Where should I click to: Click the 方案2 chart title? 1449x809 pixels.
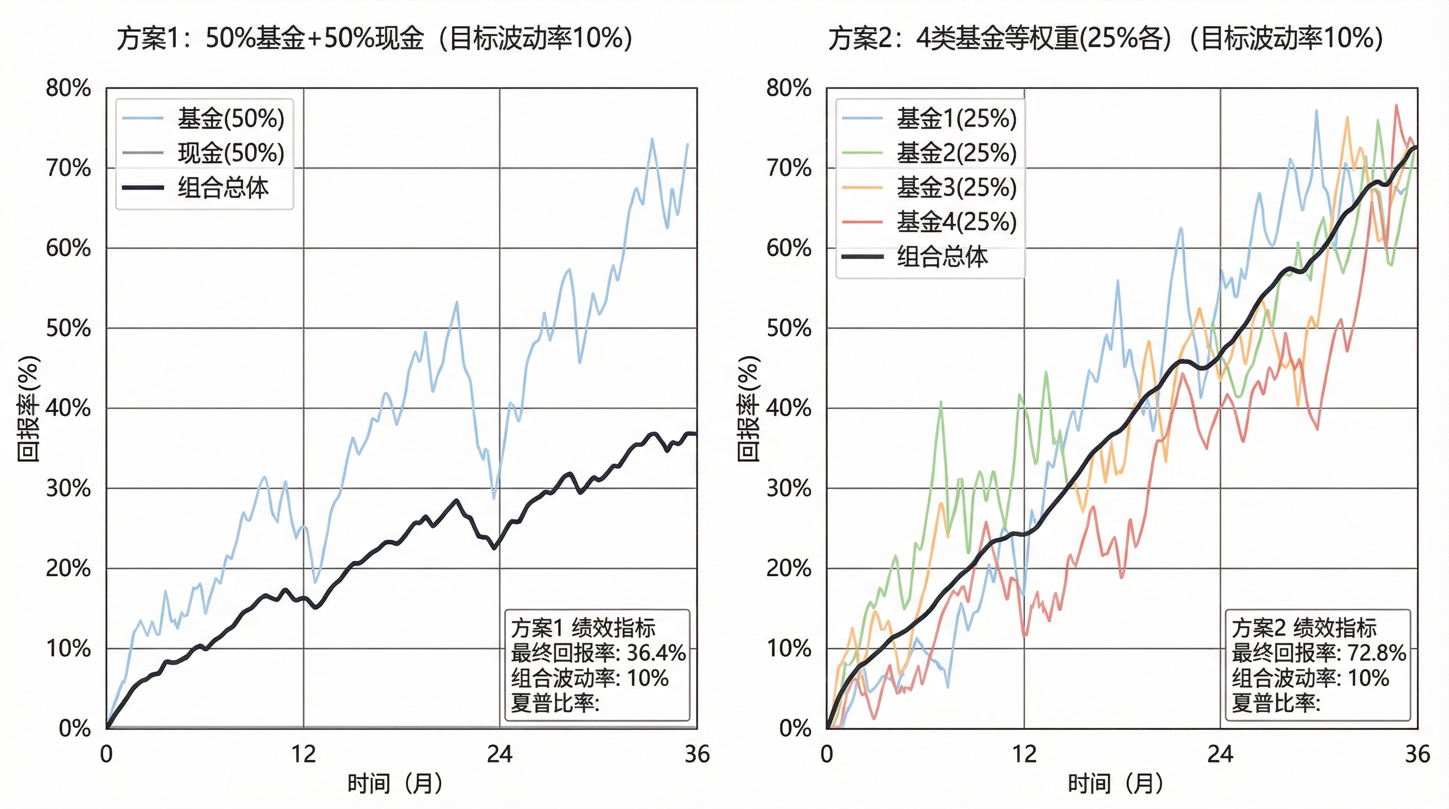(1105, 38)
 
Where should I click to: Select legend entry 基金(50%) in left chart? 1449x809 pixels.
(231, 119)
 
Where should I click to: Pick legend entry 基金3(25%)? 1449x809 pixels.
(956, 188)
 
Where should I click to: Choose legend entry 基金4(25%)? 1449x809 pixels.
(956, 222)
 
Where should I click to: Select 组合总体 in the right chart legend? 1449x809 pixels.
(942, 256)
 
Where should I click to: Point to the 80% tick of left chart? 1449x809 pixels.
(68, 88)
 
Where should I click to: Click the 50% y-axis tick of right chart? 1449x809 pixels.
(789, 328)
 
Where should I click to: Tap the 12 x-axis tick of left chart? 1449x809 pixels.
(303, 754)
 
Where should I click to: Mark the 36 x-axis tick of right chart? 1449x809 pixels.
(1417, 754)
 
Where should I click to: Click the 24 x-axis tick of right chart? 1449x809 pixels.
(1220, 754)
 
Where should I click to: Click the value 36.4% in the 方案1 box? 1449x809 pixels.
(656, 653)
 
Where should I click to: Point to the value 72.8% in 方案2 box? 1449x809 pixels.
(1376, 653)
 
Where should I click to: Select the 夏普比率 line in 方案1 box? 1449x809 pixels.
(554, 703)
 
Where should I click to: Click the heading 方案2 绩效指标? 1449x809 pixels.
(1304, 627)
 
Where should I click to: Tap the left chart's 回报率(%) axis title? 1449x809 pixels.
(28, 408)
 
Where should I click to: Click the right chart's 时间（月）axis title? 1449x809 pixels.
(1115, 783)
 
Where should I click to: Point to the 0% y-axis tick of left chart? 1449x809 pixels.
(74, 728)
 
